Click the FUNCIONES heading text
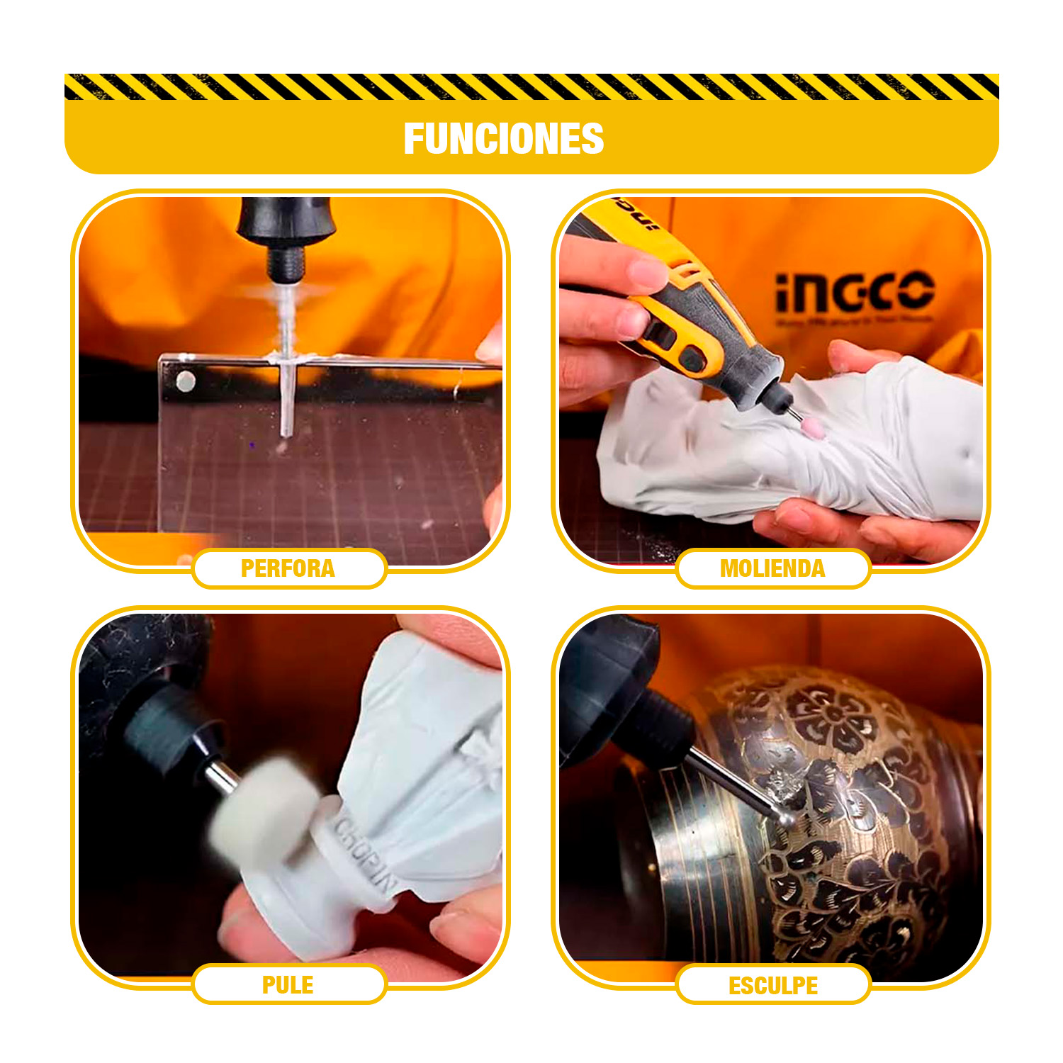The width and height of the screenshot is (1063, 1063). (x=503, y=139)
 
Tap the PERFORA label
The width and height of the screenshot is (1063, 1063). (x=288, y=568)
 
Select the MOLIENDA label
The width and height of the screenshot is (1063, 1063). (x=772, y=568)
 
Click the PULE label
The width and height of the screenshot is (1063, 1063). (x=288, y=985)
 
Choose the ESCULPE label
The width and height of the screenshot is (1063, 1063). (x=773, y=986)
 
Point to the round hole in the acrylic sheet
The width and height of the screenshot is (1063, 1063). (x=186, y=382)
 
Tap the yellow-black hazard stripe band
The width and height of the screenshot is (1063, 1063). (x=531, y=86)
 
